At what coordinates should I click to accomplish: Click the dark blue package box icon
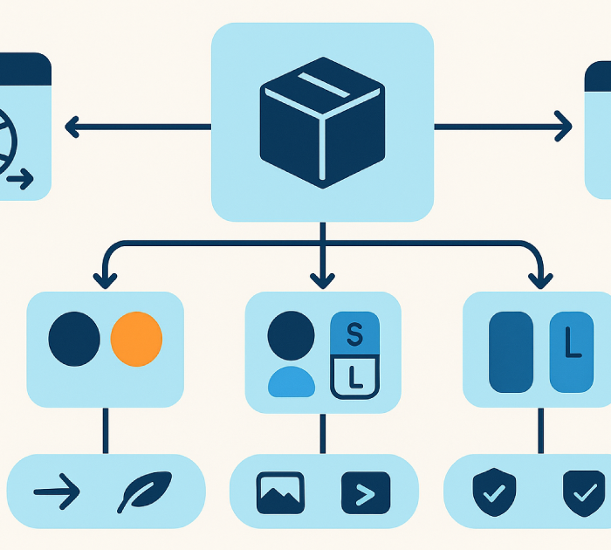point(322,122)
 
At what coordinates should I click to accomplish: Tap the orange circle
point(136,339)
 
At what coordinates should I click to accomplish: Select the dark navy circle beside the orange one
point(75,339)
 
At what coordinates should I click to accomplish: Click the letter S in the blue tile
point(354,333)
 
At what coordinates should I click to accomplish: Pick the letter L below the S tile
point(354,377)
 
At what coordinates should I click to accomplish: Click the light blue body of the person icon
point(291,382)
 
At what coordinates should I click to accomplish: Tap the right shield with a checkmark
point(583,492)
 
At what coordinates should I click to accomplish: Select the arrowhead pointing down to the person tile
point(322,279)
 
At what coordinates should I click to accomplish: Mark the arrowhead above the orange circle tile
point(106,279)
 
